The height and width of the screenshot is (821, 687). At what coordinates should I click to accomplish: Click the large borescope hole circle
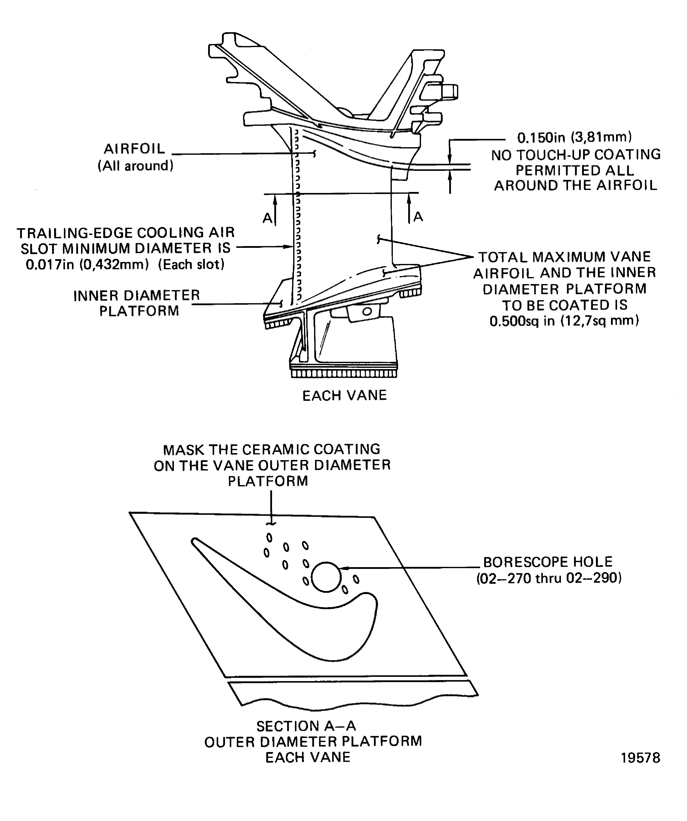[326, 577]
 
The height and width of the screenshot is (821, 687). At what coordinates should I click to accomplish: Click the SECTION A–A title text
[306, 726]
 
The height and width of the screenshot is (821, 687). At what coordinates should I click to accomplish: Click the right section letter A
[418, 216]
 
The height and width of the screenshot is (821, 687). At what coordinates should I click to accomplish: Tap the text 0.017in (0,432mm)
[87, 265]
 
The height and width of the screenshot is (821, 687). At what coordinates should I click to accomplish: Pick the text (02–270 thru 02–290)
[549, 578]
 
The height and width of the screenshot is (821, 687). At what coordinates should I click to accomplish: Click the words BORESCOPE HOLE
[548, 562]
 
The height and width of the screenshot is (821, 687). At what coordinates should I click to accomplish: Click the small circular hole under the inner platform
[367, 311]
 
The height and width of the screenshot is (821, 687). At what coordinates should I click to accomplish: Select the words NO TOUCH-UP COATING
[576, 155]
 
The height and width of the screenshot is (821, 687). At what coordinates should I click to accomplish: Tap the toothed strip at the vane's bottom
[344, 374]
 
